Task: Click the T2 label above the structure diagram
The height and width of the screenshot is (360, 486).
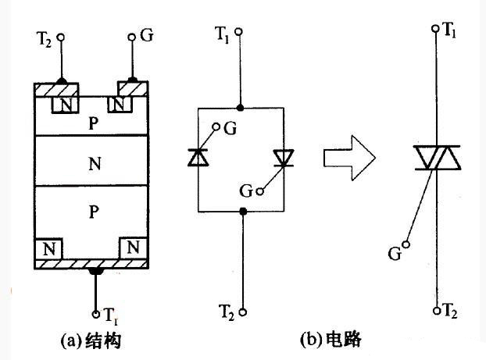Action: click(x=45, y=37)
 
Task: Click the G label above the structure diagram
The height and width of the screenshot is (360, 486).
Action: click(x=146, y=37)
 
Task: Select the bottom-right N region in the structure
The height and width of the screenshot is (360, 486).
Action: click(x=131, y=248)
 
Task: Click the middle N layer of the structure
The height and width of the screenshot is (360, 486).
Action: click(x=94, y=165)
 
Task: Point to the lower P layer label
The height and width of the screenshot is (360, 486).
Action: click(x=94, y=211)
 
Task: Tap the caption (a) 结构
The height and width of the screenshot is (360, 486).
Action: click(x=92, y=340)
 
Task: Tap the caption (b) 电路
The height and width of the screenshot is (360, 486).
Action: click(x=331, y=340)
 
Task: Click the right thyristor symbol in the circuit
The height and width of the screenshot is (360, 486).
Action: click(x=282, y=157)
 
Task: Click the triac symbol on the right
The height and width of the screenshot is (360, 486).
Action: click(x=436, y=157)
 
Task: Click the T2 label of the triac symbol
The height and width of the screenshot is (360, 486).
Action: click(x=450, y=310)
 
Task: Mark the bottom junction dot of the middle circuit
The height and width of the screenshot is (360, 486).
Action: click(x=244, y=211)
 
